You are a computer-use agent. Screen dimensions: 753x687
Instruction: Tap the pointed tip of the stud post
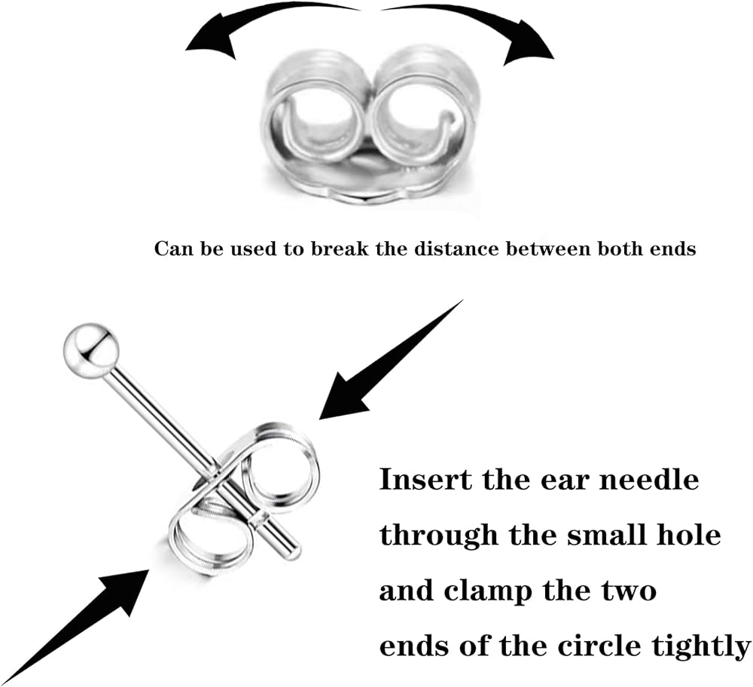pyautogui.click(x=294, y=554)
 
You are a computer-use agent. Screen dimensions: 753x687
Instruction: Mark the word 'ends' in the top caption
pyautogui.click(x=675, y=249)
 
